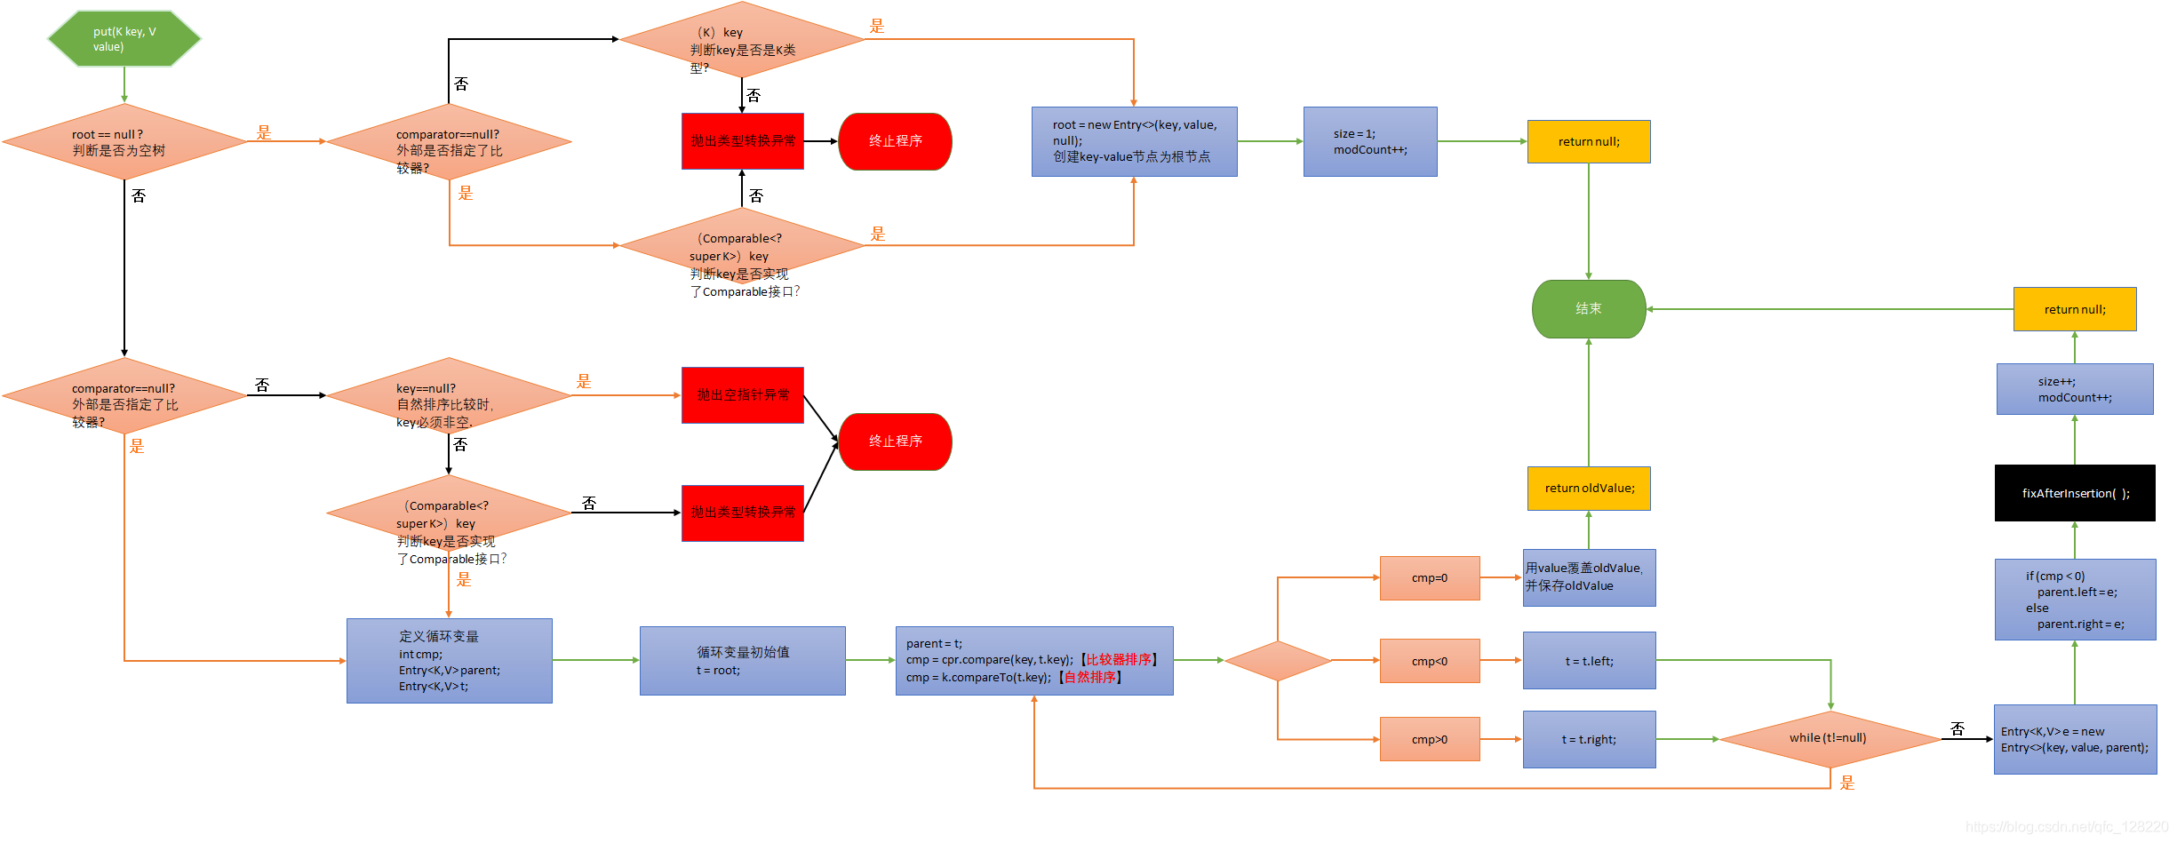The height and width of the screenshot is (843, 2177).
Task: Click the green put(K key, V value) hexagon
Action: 124,39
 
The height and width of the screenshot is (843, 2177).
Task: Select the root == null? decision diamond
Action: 124,142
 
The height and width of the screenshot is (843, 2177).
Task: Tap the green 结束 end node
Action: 1589,309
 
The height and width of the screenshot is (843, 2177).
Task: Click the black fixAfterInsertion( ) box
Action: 2075,493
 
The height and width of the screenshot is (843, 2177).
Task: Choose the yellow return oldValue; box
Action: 1589,489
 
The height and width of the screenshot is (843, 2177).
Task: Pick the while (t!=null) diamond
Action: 1830,738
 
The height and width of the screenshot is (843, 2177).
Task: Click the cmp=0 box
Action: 1429,578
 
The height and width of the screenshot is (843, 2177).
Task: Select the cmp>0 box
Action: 1429,739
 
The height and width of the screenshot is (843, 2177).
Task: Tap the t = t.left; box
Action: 1589,661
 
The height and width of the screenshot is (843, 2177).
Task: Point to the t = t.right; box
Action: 1589,739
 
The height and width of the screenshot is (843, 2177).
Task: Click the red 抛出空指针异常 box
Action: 742,395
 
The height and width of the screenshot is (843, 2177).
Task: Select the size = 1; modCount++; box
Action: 1369,142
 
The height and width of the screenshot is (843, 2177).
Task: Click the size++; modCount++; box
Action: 2075,389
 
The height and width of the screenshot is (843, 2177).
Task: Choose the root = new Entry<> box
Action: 1134,142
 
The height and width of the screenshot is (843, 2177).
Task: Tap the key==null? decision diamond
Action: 449,396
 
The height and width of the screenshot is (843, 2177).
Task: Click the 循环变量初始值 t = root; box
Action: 742,661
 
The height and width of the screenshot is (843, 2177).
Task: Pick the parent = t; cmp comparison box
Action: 1034,661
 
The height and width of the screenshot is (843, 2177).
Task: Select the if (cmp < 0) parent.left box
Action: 2075,600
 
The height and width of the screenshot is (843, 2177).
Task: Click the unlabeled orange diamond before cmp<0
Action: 1278,661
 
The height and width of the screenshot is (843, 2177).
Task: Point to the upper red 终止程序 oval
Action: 895,142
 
